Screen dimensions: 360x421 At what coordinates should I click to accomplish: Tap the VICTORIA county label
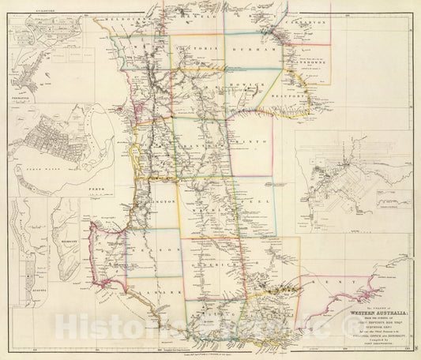click(194, 48)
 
